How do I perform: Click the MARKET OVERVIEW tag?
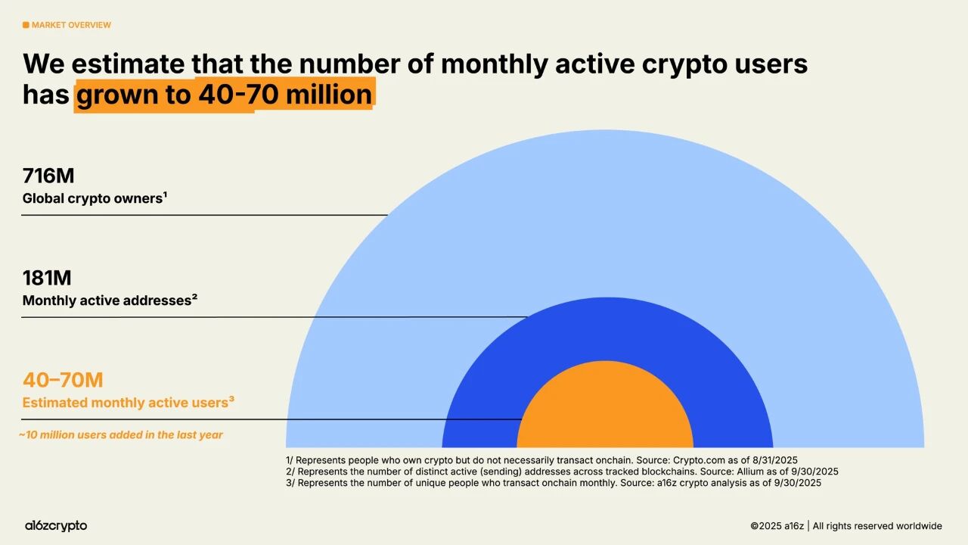[x=71, y=25]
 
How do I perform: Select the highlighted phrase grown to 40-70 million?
[x=224, y=95]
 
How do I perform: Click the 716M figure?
[x=48, y=176]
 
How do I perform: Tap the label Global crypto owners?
[x=95, y=198]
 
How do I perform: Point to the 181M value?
[x=47, y=279]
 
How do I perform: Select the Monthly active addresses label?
[x=110, y=301]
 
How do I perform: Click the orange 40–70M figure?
[x=63, y=380]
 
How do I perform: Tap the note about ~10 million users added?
[x=121, y=435]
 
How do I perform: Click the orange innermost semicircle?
[x=605, y=413]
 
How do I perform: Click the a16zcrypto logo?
[x=56, y=525]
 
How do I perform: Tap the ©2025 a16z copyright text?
[x=777, y=526]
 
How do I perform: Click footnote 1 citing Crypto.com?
[x=541, y=459]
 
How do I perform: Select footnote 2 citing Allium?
[x=562, y=471]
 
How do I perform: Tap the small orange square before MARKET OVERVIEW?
[x=26, y=25]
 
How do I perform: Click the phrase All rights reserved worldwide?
[x=877, y=526]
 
